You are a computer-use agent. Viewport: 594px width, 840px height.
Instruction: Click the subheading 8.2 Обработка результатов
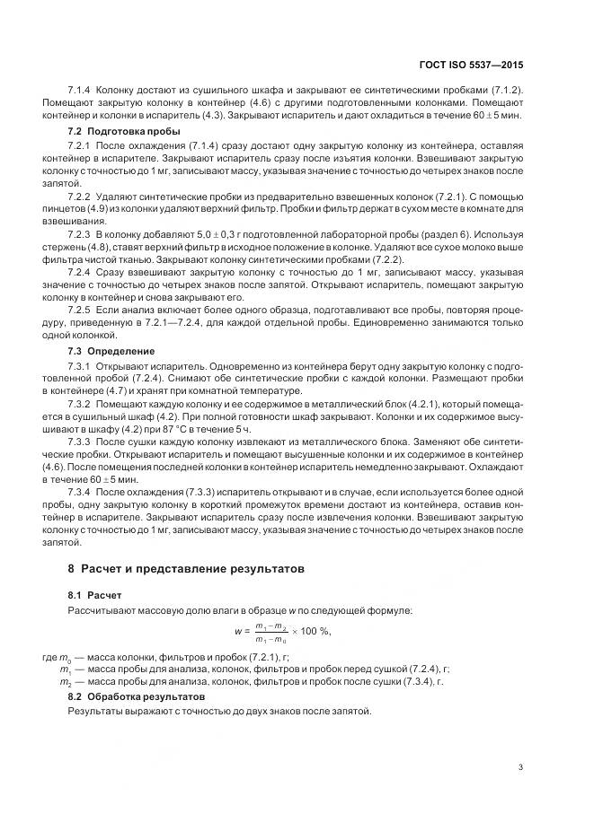(x=137, y=696)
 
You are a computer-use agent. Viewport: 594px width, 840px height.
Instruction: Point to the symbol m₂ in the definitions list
(x=66, y=682)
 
